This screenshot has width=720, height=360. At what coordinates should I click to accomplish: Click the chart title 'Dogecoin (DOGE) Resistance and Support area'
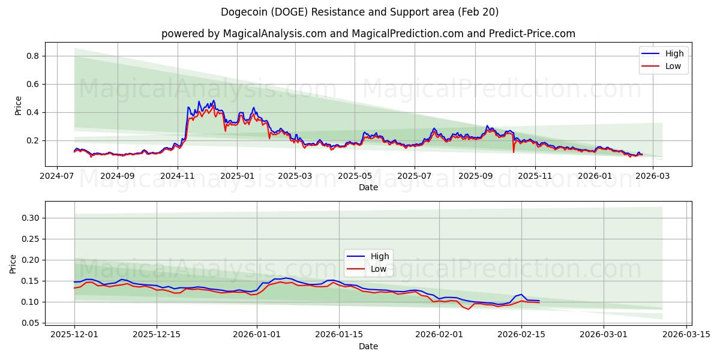359,12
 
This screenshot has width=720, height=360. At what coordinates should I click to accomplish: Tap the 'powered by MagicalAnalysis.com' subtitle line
368,34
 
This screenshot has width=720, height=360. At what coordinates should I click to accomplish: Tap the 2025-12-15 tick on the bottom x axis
157,335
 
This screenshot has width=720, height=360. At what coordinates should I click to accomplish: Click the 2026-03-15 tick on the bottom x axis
685,335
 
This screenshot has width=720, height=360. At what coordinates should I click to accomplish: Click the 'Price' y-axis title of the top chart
18,106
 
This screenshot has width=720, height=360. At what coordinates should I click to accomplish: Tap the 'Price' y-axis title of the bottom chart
13,264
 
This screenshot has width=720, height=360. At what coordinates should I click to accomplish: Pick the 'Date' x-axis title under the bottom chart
368,346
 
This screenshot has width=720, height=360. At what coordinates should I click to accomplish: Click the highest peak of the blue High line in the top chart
199,101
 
